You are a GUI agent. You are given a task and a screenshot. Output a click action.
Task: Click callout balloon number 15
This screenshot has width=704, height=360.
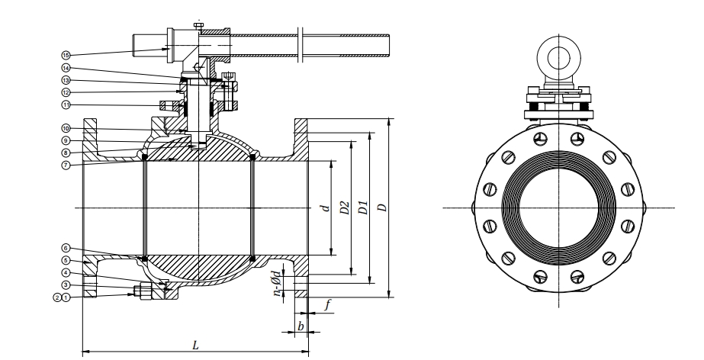coord(66,55)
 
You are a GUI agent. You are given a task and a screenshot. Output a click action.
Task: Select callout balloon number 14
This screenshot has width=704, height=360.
coord(66,68)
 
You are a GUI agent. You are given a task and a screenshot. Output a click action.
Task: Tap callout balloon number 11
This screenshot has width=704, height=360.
coord(66,105)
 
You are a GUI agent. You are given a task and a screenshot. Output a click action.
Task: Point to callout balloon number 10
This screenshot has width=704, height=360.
coord(66,129)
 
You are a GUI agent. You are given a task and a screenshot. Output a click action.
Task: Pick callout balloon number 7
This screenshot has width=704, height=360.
coord(66,166)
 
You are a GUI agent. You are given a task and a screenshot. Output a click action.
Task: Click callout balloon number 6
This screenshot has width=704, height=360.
coord(66,248)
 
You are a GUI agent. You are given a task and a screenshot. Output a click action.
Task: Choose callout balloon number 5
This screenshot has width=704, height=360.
coord(66,260)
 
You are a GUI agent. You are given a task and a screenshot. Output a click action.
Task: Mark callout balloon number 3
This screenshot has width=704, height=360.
coord(66,285)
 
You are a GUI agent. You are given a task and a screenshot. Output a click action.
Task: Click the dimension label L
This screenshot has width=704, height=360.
coord(195,346)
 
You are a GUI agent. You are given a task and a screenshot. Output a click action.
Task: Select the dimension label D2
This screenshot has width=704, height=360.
coord(345,207)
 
